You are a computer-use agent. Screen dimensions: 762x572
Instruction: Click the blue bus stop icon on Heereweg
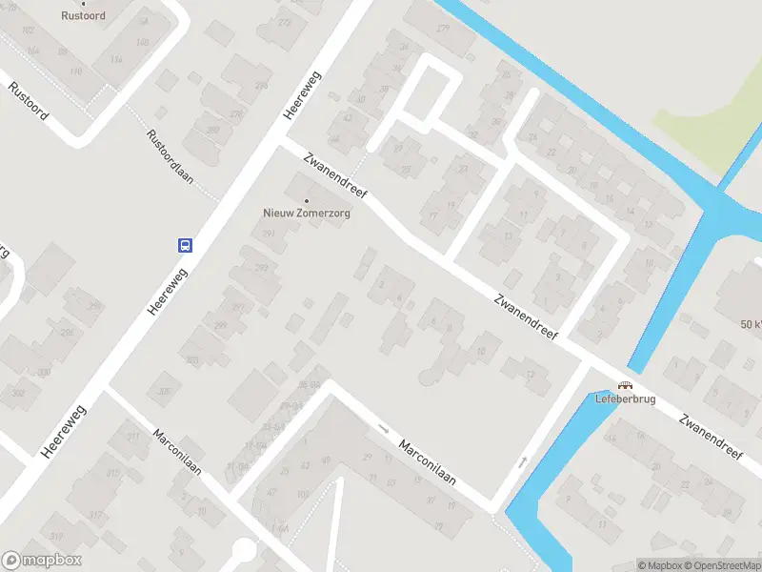pyautogui.click(x=185, y=245)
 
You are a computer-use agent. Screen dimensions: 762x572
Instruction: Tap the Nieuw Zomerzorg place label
pyautogui.click(x=307, y=214)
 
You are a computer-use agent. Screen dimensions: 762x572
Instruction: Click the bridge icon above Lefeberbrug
pyautogui.click(x=625, y=385)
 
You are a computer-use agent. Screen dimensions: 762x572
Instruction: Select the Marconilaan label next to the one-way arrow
pyautogui.click(x=427, y=462)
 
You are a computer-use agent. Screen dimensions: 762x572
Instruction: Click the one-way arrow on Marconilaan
pyautogui.click(x=384, y=429)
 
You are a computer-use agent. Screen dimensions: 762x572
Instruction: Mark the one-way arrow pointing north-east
pyautogui.click(x=522, y=463)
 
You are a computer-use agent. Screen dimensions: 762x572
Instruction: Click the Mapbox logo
pyautogui.click(x=41, y=561)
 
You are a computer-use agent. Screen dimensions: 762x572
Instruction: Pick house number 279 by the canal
pyautogui.click(x=443, y=28)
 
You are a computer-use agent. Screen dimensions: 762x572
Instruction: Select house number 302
pyautogui.click(x=18, y=392)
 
